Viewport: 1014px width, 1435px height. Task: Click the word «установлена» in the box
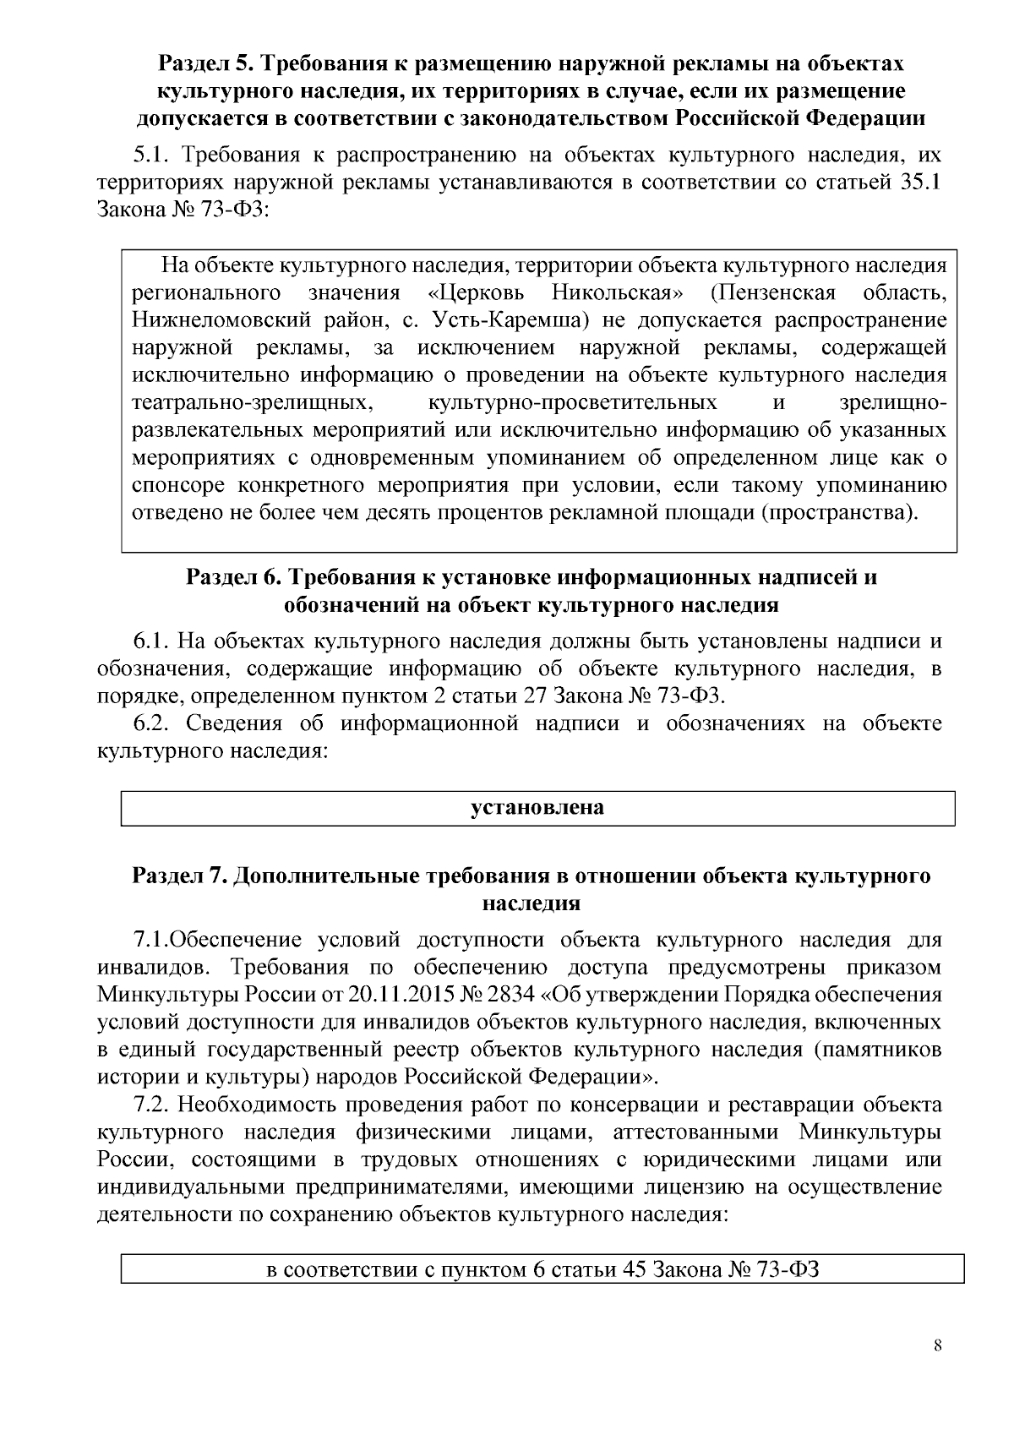[537, 807]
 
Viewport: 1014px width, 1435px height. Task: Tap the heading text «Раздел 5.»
[202, 63]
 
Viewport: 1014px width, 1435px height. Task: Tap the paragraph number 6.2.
[153, 723]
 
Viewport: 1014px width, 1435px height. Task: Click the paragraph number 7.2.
[153, 1105]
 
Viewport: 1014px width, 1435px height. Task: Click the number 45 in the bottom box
[635, 1270]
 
